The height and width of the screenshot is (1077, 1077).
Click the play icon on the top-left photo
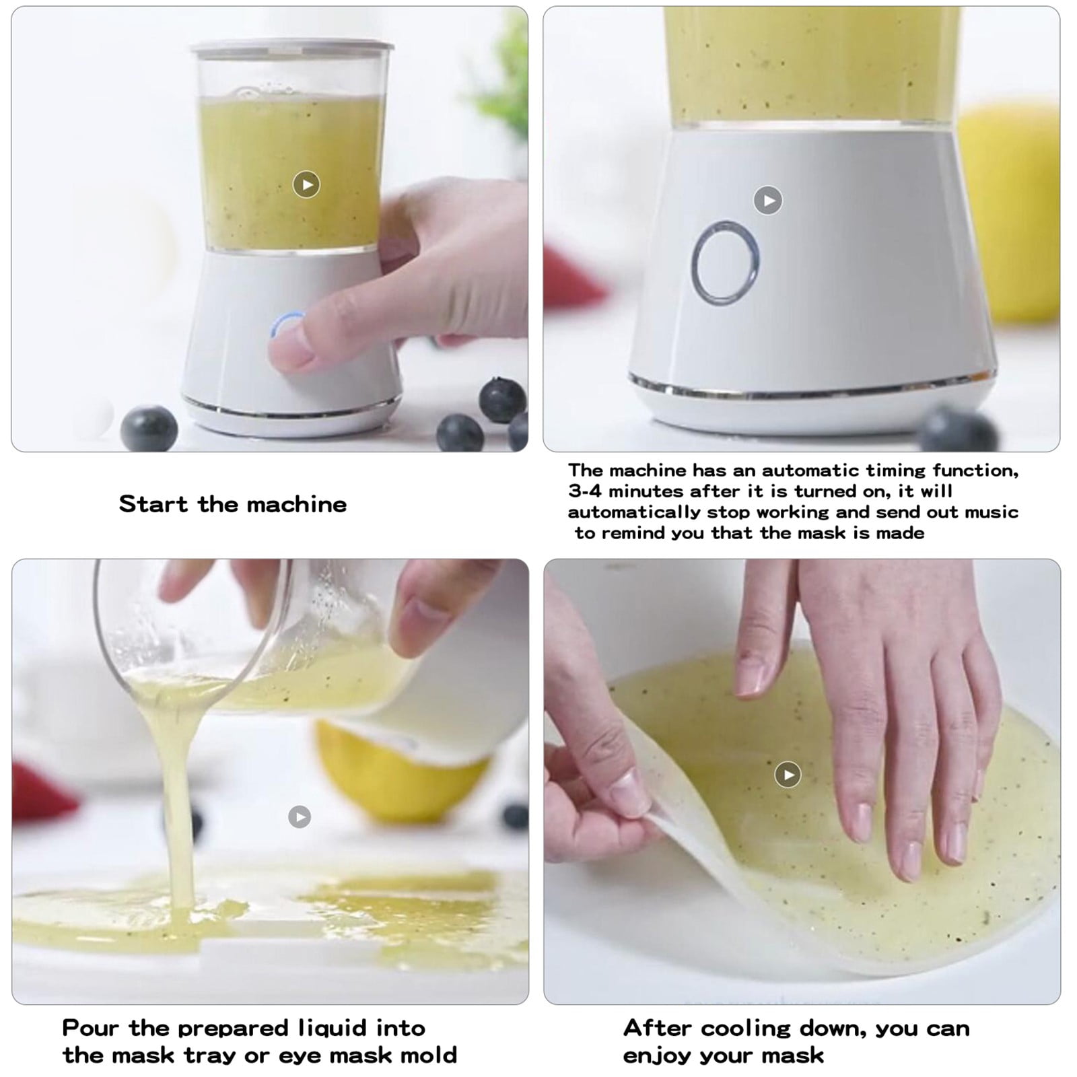[306, 184]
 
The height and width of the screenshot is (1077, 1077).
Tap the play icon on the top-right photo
[767, 200]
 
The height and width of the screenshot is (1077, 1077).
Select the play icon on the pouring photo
[300, 817]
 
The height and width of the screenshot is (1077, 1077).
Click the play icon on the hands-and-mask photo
[788, 774]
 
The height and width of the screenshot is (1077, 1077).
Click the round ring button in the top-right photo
[725, 263]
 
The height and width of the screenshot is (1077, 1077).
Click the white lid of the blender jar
[291, 48]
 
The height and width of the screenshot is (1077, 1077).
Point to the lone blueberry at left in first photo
[149, 428]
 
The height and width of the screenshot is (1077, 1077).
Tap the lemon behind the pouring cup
[404, 774]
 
